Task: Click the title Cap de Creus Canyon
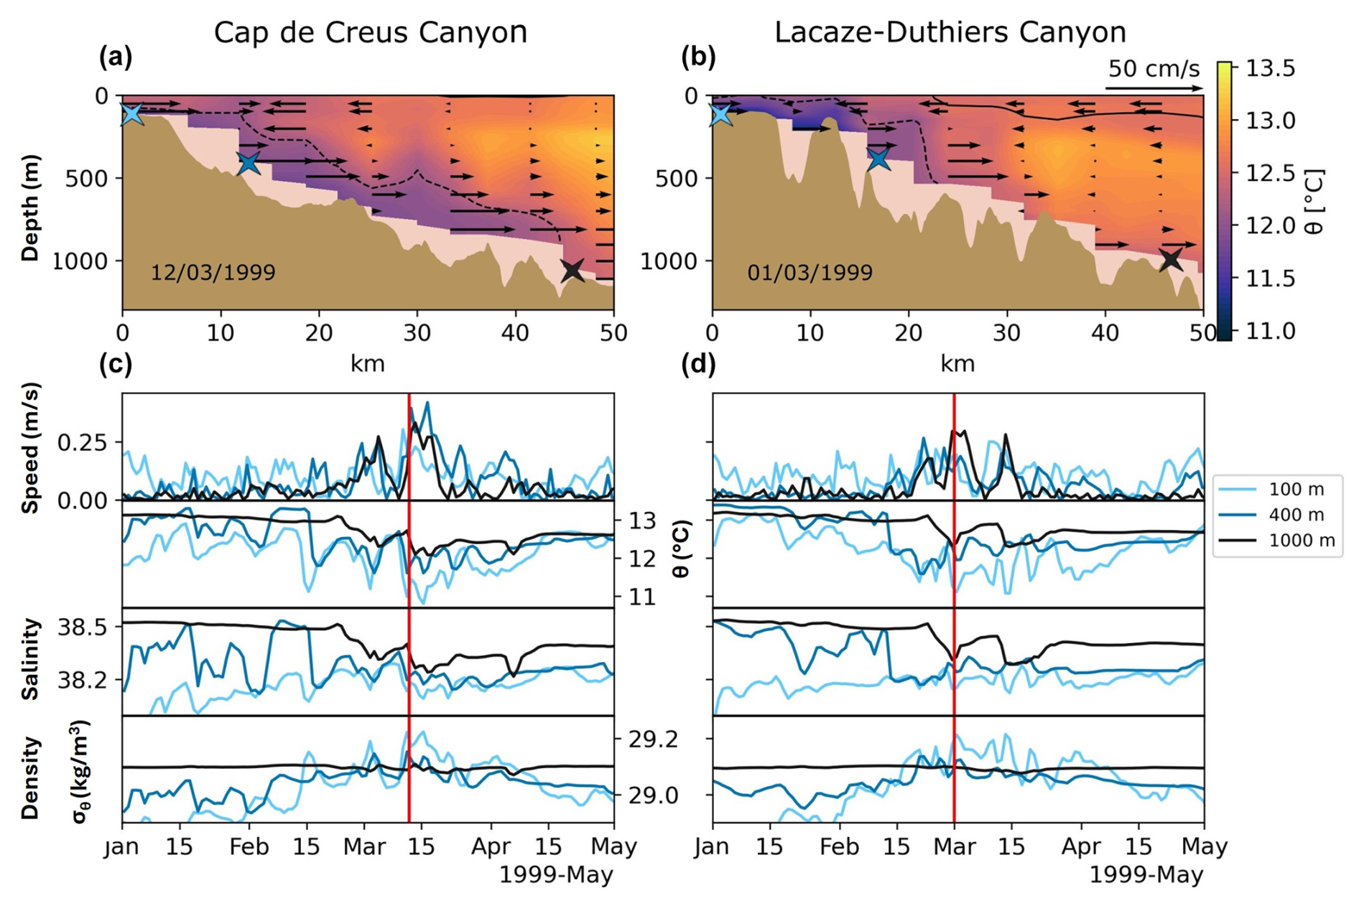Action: point(370,32)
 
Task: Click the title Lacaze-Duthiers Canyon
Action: point(950,32)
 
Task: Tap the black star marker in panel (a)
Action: point(572,270)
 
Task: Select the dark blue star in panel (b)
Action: point(878,158)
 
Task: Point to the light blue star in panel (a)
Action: point(131,113)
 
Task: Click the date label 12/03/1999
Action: point(213,273)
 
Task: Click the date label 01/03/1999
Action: point(810,273)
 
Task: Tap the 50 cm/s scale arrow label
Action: point(1154,69)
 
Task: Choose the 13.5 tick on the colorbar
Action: point(1270,68)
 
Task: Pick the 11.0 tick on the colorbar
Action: point(1270,331)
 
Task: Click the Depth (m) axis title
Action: point(30,208)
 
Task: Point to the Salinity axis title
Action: point(30,659)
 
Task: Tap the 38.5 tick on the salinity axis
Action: point(81,627)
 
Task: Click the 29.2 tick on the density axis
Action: point(653,739)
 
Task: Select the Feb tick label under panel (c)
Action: point(249,847)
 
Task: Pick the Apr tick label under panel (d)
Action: point(1081,847)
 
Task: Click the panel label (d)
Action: point(697,365)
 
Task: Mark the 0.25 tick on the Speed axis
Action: point(82,442)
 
